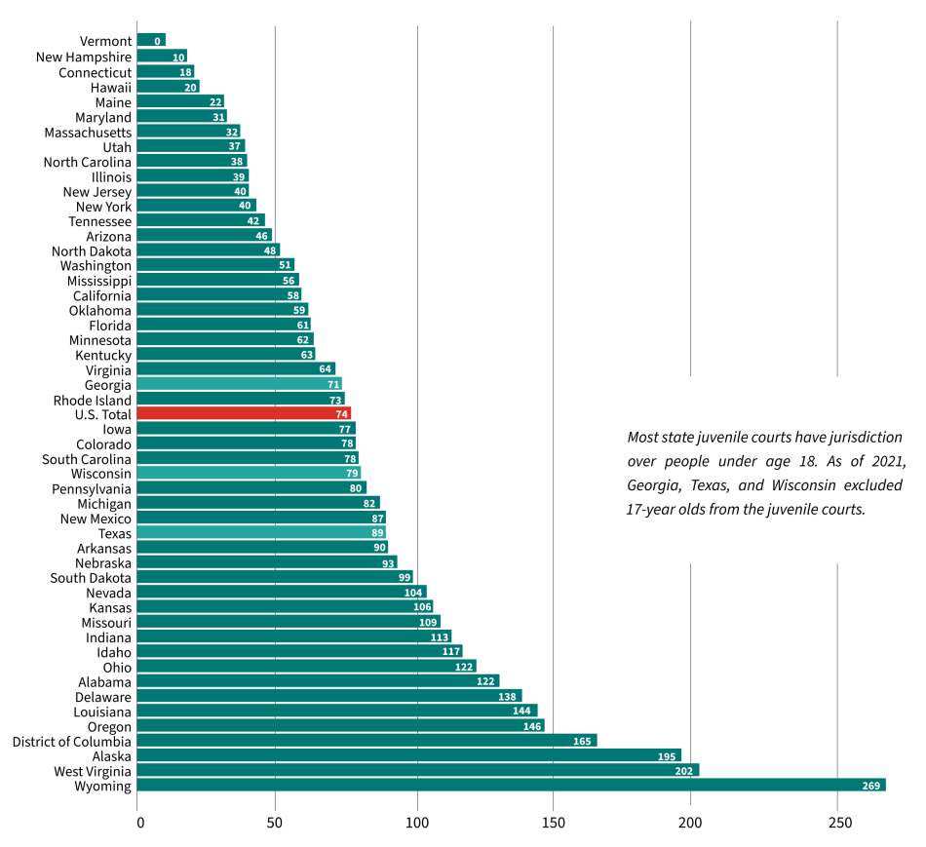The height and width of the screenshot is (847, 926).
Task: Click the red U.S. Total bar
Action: [x=244, y=413]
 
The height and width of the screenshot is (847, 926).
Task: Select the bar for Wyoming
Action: [x=511, y=786]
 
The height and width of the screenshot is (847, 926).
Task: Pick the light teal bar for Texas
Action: [x=261, y=533]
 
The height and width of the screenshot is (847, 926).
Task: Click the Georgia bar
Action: [x=239, y=384]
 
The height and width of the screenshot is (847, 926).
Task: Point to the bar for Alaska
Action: [x=408, y=755]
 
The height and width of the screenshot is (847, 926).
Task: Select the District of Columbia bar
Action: [x=367, y=741]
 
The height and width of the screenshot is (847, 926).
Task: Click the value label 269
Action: [x=871, y=787]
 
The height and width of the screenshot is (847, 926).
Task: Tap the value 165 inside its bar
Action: [x=583, y=742]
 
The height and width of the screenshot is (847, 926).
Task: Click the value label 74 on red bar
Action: [x=342, y=414]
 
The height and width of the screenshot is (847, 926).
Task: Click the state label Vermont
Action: [x=105, y=41]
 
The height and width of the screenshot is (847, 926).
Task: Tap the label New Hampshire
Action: [x=84, y=57]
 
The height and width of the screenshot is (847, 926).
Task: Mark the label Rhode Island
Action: [x=92, y=400]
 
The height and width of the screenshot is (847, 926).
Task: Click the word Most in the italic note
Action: [x=643, y=437]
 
